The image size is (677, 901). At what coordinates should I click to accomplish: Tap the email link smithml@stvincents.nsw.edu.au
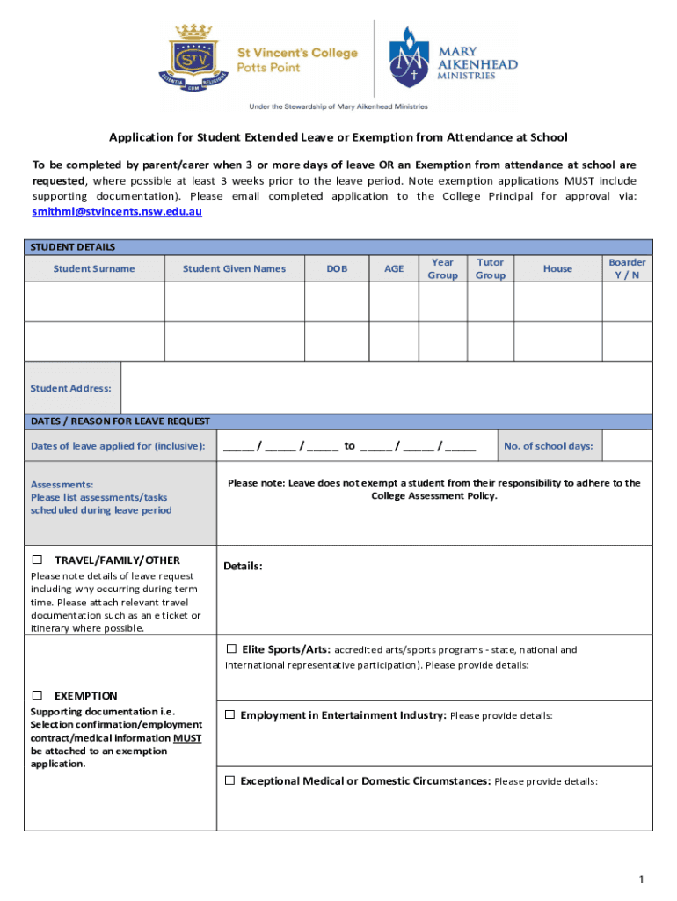point(117,212)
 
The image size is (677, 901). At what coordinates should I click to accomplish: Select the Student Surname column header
point(94,269)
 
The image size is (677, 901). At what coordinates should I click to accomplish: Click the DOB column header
point(337,269)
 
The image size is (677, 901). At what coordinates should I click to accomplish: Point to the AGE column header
point(394,269)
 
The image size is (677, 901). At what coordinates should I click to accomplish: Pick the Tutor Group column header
point(490,269)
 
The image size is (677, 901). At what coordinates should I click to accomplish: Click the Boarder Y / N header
point(627,269)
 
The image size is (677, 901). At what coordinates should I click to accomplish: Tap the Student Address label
point(71,388)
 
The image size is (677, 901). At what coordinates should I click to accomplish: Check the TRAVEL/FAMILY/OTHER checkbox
point(38,560)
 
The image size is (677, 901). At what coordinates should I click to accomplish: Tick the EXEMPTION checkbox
point(38,695)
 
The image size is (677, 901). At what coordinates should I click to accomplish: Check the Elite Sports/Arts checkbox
point(231,649)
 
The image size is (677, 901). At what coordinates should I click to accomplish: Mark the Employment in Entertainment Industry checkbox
point(229,714)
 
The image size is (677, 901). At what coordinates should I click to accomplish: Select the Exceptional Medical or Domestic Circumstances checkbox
point(229,780)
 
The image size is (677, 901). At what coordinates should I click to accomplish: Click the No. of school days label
point(548,446)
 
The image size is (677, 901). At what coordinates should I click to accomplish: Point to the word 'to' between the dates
point(349,446)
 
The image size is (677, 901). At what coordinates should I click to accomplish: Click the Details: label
point(243,566)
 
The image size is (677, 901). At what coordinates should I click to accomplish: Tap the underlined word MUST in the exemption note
point(187,738)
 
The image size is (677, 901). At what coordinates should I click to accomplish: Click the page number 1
point(642,880)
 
